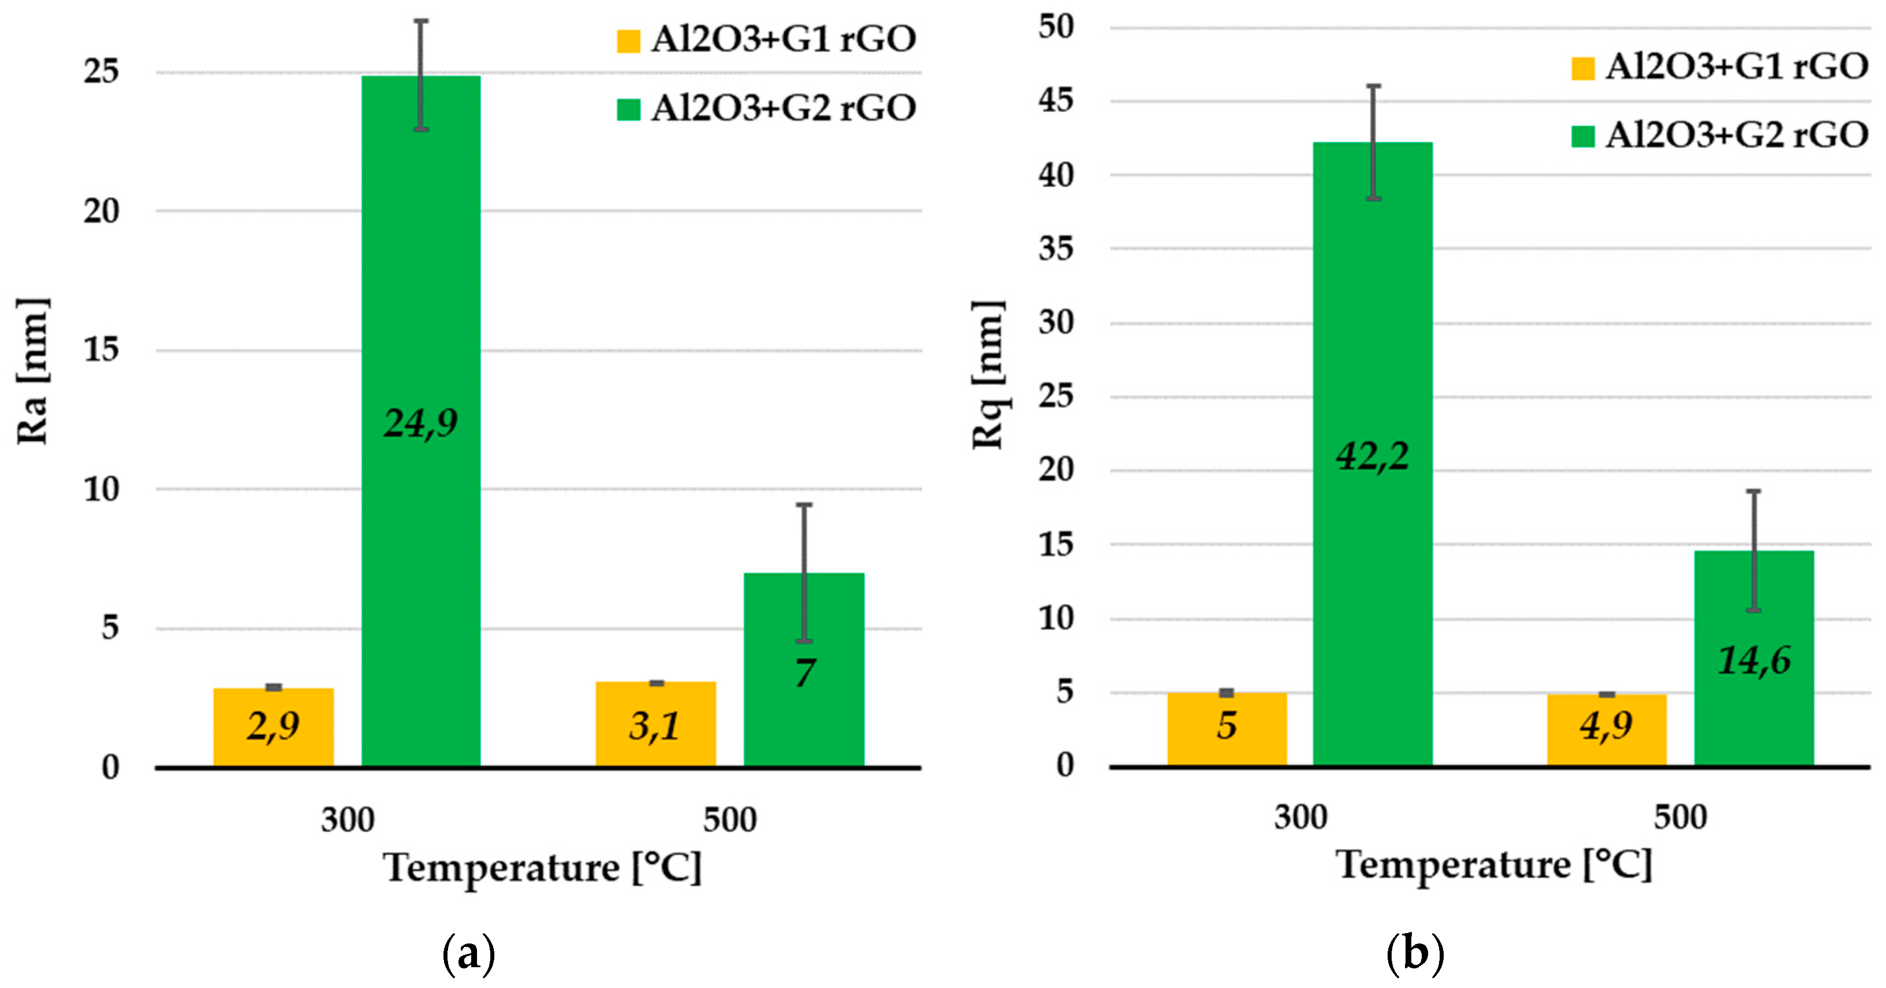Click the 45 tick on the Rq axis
(1055, 101)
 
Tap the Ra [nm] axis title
(32, 371)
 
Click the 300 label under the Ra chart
(347, 820)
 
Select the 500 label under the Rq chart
(1680, 817)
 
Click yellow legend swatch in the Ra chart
(628, 40)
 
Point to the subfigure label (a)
(468, 953)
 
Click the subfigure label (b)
(1414, 953)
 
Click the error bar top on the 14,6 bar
(1754, 491)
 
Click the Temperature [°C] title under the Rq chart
(1493, 865)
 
